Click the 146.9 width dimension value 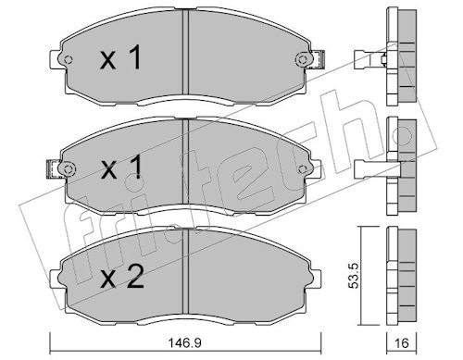click(x=184, y=342)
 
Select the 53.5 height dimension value click(x=354, y=276)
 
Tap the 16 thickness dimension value click(x=402, y=342)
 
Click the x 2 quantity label click(x=122, y=277)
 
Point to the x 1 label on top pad click(x=120, y=57)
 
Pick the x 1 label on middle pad click(x=121, y=167)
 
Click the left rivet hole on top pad click(x=69, y=59)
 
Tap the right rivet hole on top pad click(x=302, y=59)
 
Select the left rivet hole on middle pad click(x=69, y=169)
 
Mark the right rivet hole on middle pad click(x=303, y=169)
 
